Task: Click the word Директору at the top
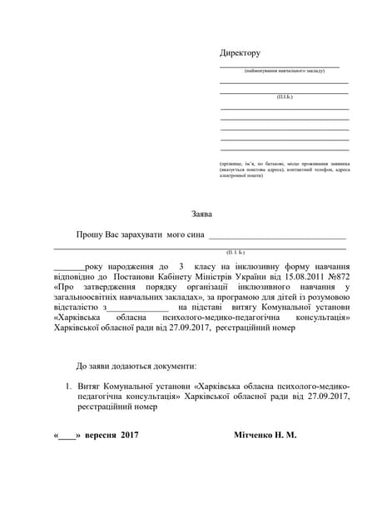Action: click(x=240, y=52)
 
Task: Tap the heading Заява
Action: click(x=201, y=214)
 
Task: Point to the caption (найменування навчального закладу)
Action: click(x=279, y=71)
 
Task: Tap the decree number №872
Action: click(x=335, y=275)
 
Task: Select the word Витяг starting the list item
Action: click(x=92, y=387)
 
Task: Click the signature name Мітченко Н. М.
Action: click(x=266, y=434)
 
